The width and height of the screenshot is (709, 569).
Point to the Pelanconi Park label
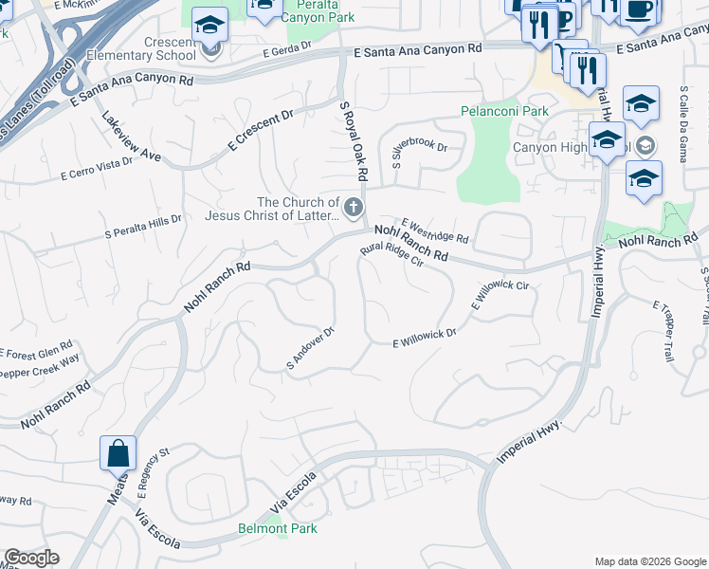point(504,111)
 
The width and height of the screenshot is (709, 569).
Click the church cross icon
point(354,207)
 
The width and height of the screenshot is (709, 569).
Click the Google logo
point(31,558)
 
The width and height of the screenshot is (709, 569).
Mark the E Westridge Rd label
point(435,228)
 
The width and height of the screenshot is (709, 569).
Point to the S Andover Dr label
point(311,348)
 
